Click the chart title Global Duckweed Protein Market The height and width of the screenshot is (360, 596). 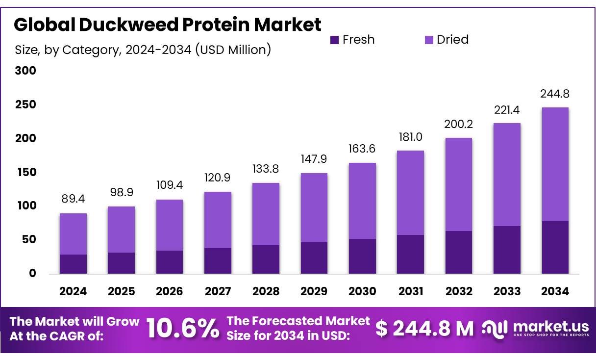pyautogui.click(x=168, y=24)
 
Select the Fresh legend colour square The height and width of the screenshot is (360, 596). pyautogui.click(x=335, y=40)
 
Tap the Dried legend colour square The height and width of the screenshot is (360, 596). pyautogui.click(x=429, y=40)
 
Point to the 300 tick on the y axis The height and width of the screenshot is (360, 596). pyautogui.click(x=25, y=71)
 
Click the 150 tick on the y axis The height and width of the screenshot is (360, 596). pyautogui.click(x=25, y=172)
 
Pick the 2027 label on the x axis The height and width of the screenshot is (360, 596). pyautogui.click(x=218, y=291)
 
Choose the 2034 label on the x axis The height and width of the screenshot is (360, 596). pyautogui.click(x=555, y=291)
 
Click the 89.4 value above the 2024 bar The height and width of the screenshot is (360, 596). pyautogui.click(x=73, y=199)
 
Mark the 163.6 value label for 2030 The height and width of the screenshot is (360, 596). pyautogui.click(x=362, y=148)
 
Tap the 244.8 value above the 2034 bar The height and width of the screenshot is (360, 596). pyautogui.click(x=555, y=93)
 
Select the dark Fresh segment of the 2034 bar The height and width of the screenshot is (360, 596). pyautogui.click(x=555, y=247)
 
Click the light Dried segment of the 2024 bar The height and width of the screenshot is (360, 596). pyautogui.click(x=73, y=234)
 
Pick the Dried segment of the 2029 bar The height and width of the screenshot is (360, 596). pyautogui.click(x=314, y=207)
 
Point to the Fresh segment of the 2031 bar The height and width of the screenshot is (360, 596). pyautogui.click(x=410, y=254)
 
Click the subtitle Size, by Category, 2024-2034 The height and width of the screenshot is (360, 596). pyautogui.click(x=143, y=50)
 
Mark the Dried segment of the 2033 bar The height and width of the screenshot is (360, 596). pyautogui.click(x=507, y=175)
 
